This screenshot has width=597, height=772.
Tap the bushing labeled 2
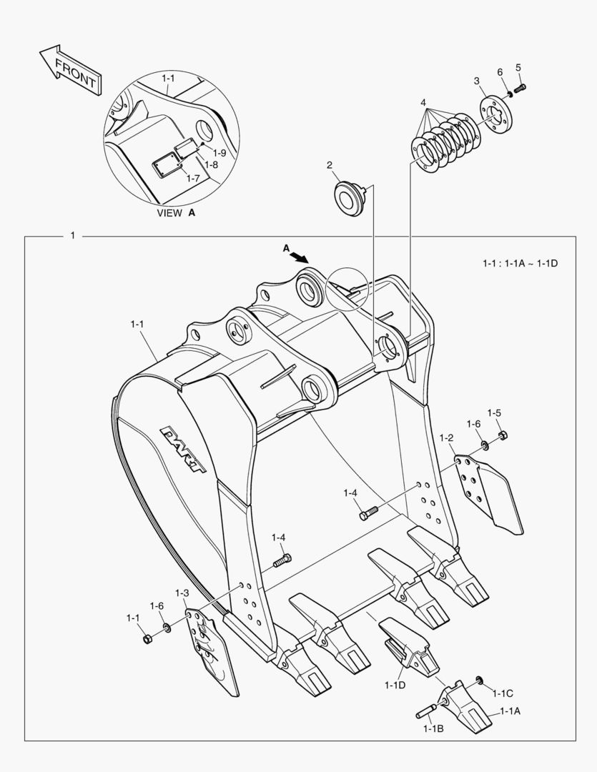point(347,197)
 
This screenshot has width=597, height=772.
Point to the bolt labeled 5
point(519,88)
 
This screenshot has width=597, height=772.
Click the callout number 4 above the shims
point(424,103)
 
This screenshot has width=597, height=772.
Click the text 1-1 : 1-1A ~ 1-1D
point(520,264)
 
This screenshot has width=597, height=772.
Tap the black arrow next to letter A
point(300,256)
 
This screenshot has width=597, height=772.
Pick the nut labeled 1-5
point(502,435)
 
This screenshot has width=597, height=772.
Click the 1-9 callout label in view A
point(219,153)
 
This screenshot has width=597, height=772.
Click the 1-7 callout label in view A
point(192,178)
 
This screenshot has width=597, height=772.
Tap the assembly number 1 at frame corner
point(72,235)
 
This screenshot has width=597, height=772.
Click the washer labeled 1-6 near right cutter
point(485,446)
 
